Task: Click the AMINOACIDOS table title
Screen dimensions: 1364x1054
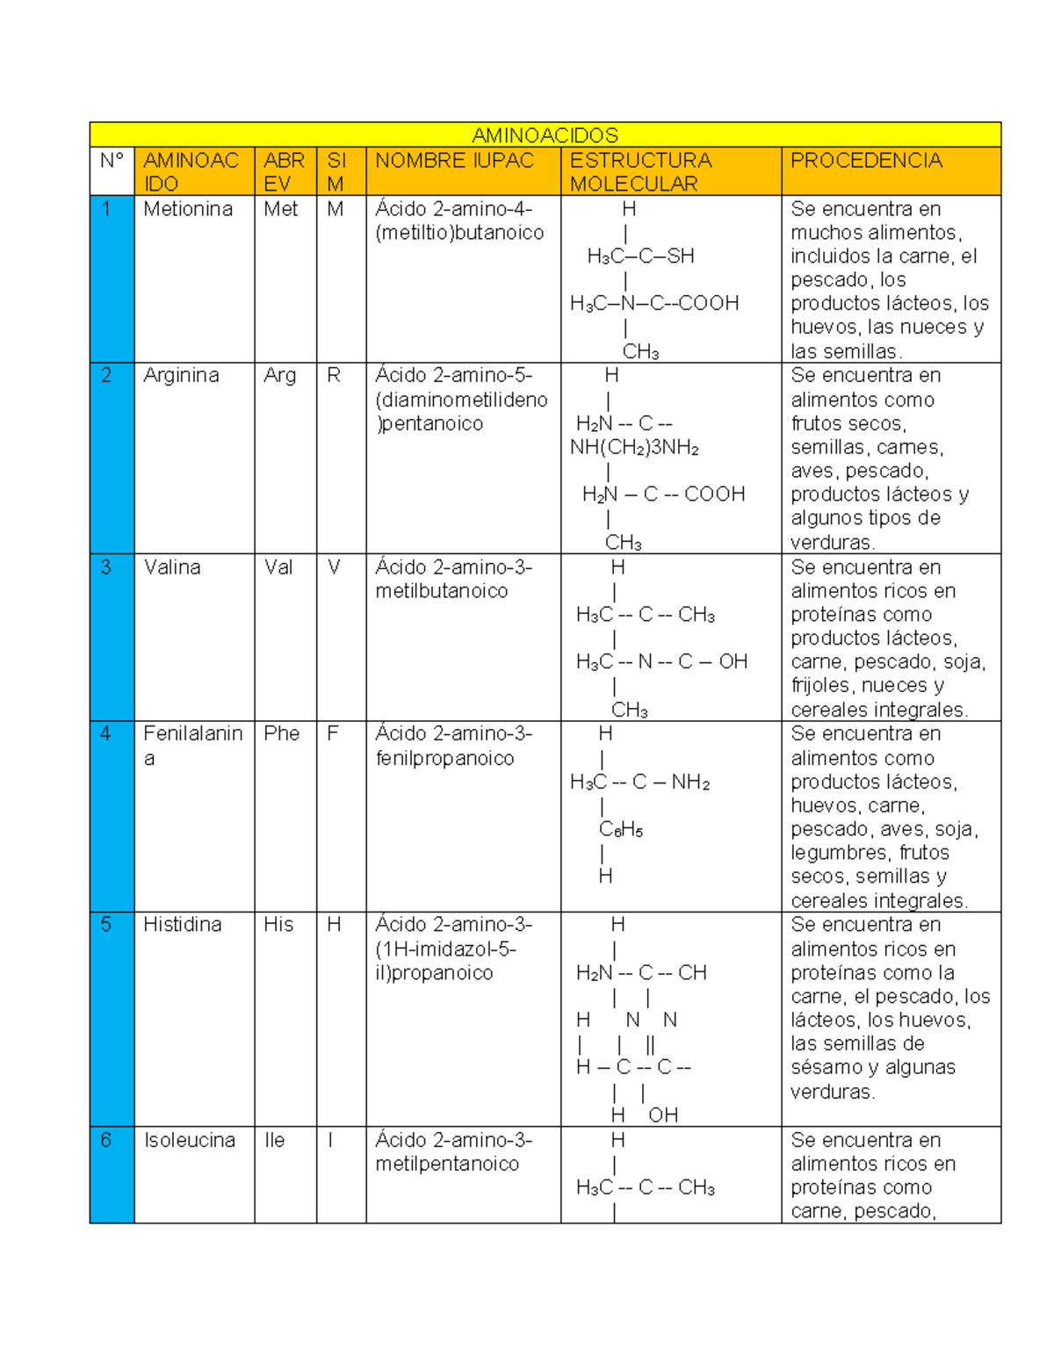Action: click(545, 135)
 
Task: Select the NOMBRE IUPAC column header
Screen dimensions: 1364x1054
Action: click(454, 161)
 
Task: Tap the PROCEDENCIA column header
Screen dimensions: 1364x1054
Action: click(866, 161)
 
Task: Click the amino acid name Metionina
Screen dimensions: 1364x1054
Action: click(188, 209)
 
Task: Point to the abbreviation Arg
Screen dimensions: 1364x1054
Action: click(279, 376)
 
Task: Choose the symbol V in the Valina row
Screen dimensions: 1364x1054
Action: click(334, 567)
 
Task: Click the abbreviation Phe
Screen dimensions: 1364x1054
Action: click(281, 734)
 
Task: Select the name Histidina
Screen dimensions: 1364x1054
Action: click(183, 925)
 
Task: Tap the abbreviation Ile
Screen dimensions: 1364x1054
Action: click(275, 1140)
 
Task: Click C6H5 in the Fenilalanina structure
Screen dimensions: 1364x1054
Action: click(621, 830)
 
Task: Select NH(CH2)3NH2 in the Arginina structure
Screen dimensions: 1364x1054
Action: click(634, 448)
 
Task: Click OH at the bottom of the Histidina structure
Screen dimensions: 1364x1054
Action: click(663, 1115)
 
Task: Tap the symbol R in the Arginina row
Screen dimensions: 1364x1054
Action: click(334, 376)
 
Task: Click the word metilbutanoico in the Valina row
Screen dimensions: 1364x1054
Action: click(441, 591)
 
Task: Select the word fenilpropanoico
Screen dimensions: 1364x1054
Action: click(444, 759)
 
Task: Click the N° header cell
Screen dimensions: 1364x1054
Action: click(112, 161)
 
